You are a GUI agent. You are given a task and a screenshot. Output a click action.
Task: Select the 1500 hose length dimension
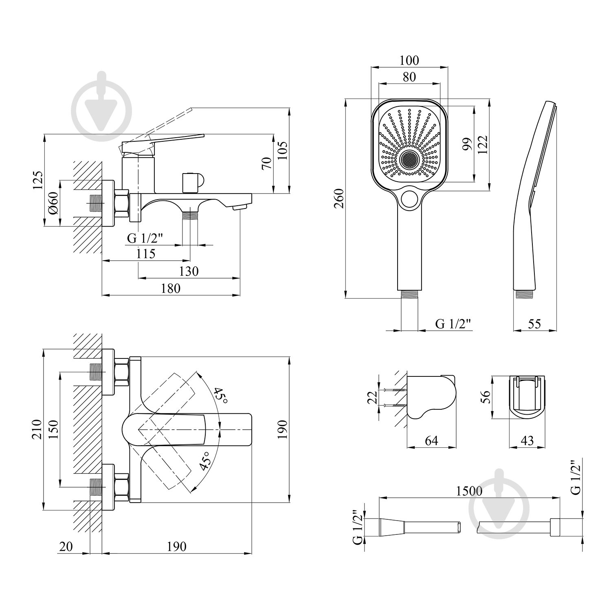pos(469,491)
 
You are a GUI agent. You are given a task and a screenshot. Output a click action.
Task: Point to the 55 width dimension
pos(534,324)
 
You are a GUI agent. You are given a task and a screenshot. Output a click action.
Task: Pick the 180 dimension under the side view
pos(170,288)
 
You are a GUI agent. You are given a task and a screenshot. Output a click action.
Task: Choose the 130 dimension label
pos(189,271)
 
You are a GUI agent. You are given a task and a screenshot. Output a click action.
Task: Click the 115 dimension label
pos(146,254)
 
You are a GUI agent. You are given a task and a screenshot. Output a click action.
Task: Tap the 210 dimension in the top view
pos(37,429)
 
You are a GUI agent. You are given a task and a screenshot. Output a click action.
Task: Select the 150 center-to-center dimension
pos(53,429)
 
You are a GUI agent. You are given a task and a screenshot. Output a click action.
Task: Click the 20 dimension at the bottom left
pos(65,546)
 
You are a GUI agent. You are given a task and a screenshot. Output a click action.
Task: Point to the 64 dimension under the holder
pos(431,441)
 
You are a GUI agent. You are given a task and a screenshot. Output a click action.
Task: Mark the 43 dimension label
pos(527,441)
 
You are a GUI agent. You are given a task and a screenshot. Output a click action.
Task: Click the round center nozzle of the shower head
pos(409,160)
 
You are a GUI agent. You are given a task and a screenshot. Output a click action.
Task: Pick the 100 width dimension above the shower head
pos(409,61)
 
